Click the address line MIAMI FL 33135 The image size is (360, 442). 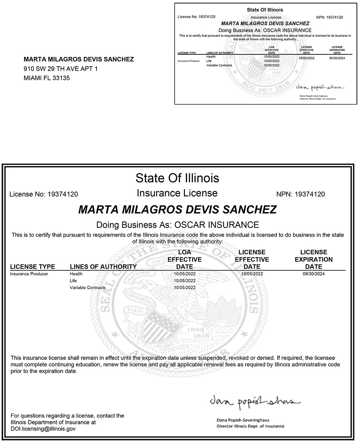click(x=47, y=78)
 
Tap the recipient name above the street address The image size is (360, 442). click(x=78, y=59)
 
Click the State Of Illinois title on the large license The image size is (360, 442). click(x=177, y=178)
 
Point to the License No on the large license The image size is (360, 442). click(x=44, y=195)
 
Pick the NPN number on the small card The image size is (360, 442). click(x=329, y=17)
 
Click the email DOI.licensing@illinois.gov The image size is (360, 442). click(x=43, y=429)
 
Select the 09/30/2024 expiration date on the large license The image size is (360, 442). click(x=314, y=274)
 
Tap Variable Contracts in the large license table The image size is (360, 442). click(x=88, y=287)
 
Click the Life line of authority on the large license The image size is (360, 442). click(x=73, y=281)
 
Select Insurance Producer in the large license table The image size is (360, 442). click(x=29, y=274)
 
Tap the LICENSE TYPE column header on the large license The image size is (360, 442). click(x=32, y=267)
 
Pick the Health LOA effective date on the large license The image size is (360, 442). click(x=185, y=274)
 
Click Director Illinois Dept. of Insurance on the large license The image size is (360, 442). click(x=250, y=426)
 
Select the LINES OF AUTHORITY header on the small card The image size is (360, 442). click(x=220, y=53)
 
